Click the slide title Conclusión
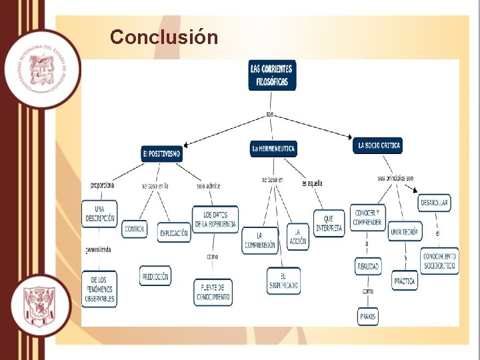tap(164, 37)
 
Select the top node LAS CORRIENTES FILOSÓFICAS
tap(272, 75)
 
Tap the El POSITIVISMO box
tap(161, 153)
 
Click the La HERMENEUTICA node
tap(273, 148)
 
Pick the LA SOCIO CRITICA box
tap(378, 145)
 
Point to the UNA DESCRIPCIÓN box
tap(99, 213)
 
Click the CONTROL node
tap(135, 229)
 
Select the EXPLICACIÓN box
tap(173, 233)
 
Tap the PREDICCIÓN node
tap(155, 275)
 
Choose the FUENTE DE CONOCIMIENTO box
tap(213, 292)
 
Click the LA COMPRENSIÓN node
tap(259, 240)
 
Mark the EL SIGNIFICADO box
tap(283, 281)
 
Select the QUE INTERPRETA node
tap(329, 223)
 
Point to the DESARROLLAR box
tap(434, 203)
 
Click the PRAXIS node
tap(367, 316)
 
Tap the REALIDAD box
tap(368, 266)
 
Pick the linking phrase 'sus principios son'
tap(395, 178)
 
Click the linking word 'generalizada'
tap(98, 250)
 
